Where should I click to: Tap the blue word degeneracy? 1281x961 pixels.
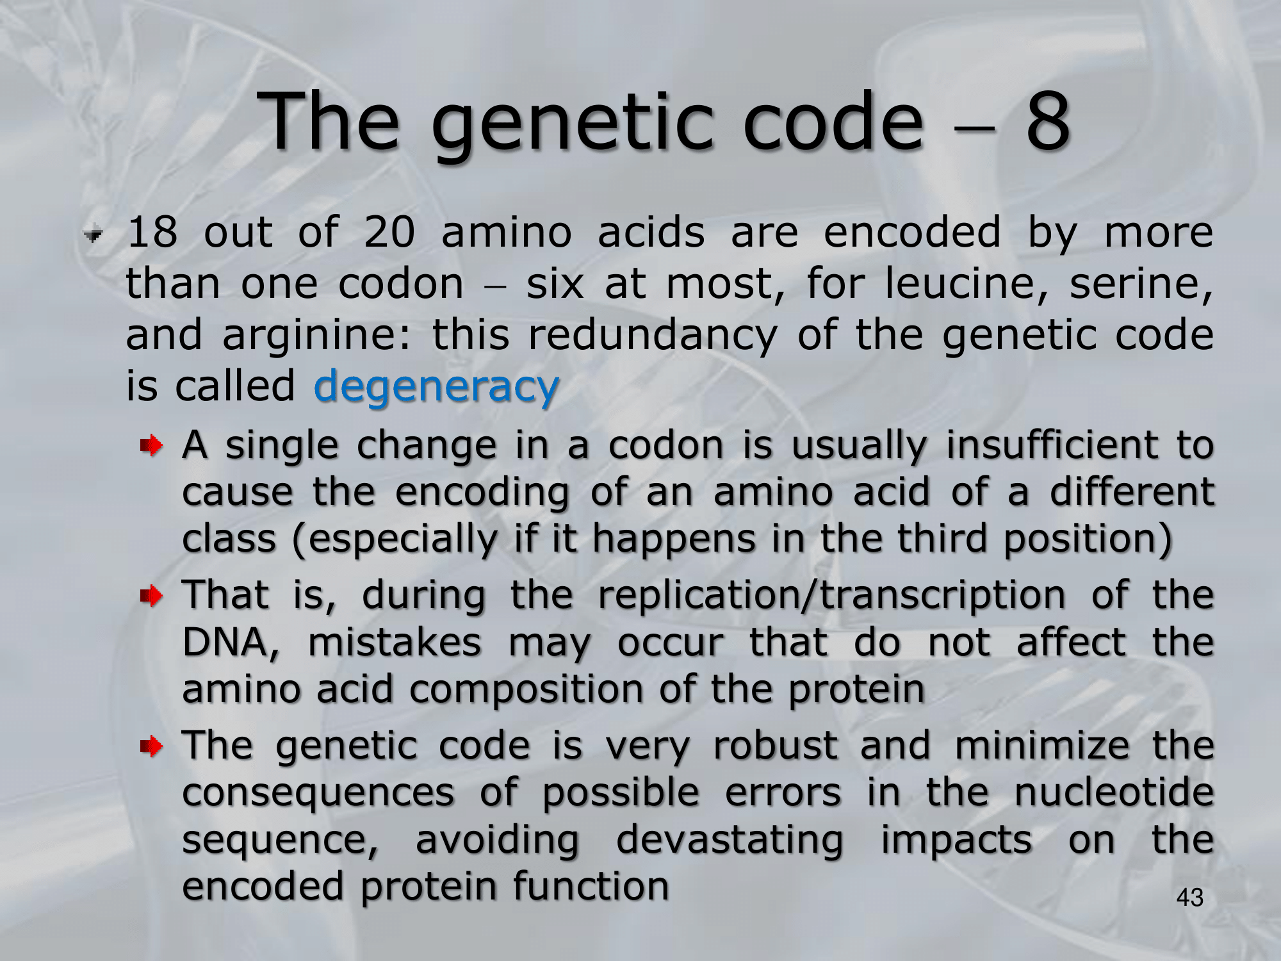(437, 388)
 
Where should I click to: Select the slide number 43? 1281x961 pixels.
(1190, 898)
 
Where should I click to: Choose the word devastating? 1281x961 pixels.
(730, 841)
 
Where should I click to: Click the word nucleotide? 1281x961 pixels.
(1114, 793)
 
